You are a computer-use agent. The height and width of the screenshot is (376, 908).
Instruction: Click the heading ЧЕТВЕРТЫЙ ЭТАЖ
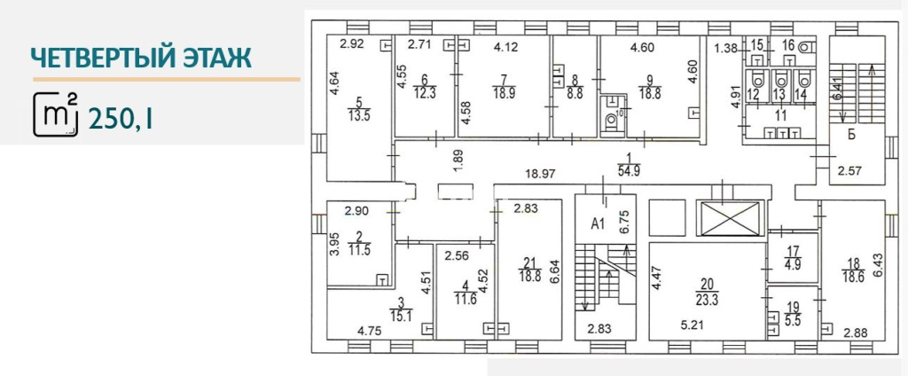click(141, 59)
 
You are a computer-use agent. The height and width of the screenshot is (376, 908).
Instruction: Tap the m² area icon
click(56, 114)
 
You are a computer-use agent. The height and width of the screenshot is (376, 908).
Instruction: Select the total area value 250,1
click(121, 120)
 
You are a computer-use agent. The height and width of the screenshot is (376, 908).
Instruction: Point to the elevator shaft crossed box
click(731, 218)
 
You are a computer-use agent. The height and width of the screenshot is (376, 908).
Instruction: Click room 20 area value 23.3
click(707, 300)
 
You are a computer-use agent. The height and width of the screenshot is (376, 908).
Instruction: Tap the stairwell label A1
click(598, 224)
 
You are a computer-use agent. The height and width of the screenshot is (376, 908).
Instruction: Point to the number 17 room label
click(793, 251)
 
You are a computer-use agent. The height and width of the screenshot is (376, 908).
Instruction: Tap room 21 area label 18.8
click(530, 277)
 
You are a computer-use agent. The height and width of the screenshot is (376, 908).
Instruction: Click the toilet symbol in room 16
click(805, 46)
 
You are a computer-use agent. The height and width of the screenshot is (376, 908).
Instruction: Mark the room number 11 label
click(781, 115)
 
